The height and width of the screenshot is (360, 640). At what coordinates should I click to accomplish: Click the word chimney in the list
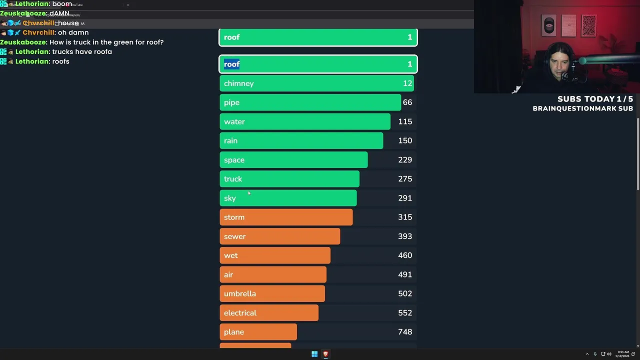click(238, 83)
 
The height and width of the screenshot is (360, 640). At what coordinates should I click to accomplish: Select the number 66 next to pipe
click(407, 102)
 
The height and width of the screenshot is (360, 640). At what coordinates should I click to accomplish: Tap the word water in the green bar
click(234, 122)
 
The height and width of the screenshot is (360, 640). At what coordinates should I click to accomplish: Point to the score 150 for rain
click(405, 141)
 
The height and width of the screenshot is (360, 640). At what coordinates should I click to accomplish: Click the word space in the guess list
click(234, 160)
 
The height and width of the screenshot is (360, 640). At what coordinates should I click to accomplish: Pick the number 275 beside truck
click(405, 179)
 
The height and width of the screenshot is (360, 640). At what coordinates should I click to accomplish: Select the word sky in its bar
click(229, 198)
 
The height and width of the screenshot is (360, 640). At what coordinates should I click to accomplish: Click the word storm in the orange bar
click(234, 217)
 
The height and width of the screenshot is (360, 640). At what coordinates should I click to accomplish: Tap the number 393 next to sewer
click(405, 236)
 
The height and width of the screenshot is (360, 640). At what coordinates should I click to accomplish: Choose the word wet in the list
click(230, 255)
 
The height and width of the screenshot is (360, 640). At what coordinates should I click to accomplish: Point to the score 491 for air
click(405, 274)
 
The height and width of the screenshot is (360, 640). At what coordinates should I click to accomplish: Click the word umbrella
click(239, 294)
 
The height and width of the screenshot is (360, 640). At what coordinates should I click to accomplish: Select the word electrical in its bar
click(240, 313)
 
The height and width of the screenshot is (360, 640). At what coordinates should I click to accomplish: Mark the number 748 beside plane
click(405, 332)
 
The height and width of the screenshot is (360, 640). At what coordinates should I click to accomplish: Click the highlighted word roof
click(231, 64)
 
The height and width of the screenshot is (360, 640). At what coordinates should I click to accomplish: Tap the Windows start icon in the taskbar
click(314, 354)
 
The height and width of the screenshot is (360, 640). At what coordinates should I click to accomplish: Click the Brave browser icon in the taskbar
click(325, 354)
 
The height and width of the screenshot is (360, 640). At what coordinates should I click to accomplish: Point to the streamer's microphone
click(568, 75)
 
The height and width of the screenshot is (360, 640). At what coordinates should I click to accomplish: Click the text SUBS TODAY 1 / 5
click(595, 99)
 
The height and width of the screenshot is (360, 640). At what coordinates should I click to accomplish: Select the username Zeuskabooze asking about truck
click(23, 42)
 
